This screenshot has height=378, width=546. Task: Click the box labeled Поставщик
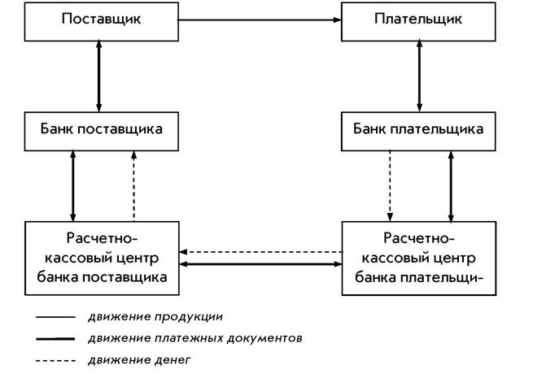click(x=102, y=22)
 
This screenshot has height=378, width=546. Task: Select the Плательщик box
click(x=418, y=22)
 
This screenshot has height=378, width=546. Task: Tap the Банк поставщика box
click(x=102, y=132)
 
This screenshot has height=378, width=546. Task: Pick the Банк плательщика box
click(x=418, y=132)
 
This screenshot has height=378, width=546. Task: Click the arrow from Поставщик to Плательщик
click(x=260, y=20)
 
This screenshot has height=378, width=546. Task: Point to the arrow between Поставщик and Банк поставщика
click(x=99, y=76)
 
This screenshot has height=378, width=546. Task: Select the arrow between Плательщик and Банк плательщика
click(x=419, y=76)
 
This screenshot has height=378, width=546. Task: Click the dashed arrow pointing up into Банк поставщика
click(x=134, y=186)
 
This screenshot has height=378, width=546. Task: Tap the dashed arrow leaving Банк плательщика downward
click(x=390, y=186)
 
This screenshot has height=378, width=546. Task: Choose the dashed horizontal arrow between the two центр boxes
click(x=260, y=252)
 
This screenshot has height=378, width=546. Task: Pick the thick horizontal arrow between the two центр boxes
click(x=260, y=264)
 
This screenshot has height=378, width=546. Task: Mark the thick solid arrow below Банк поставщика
click(x=72, y=186)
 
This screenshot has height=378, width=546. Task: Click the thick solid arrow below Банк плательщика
click(x=451, y=186)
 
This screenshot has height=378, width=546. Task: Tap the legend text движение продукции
click(x=155, y=317)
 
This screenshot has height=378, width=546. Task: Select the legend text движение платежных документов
click(x=195, y=338)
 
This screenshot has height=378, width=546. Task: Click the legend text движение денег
click(x=139, y=360)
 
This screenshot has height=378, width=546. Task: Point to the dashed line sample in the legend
click(x=55, y=361)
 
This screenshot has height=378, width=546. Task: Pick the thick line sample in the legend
click(x=55, y=339)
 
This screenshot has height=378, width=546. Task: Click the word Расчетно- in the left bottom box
click(x=102, y=238)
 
